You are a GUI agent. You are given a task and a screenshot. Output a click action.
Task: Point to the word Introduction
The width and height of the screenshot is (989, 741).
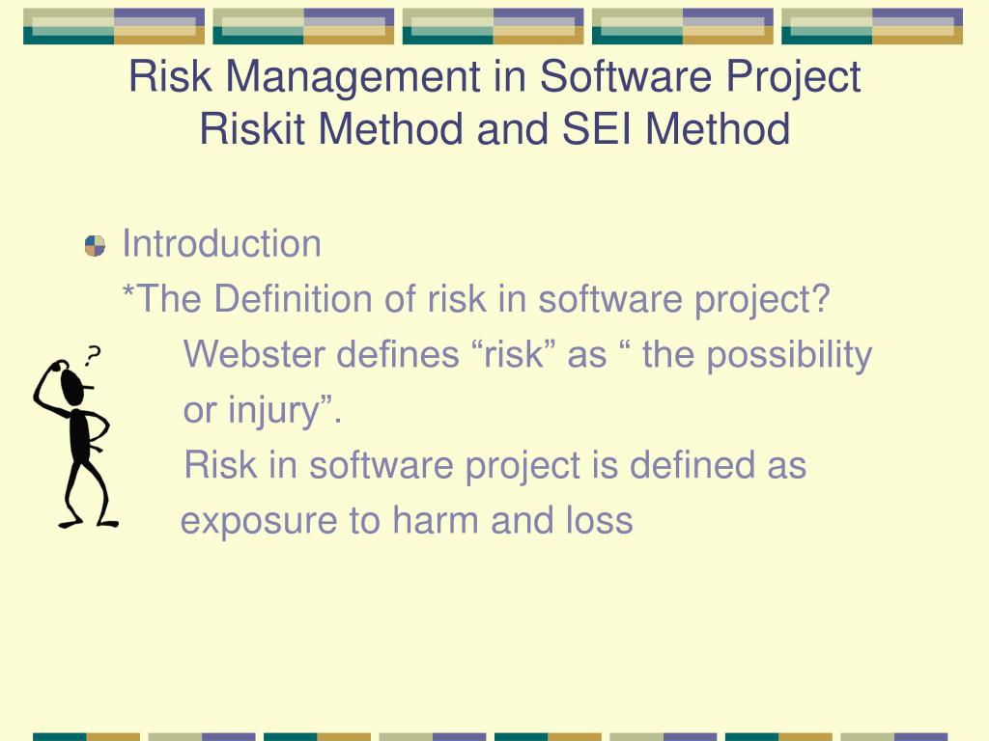221,244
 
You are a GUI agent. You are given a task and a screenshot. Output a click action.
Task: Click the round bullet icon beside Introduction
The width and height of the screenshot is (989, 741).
95,245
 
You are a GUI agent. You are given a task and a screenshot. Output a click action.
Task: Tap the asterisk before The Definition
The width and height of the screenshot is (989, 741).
127,293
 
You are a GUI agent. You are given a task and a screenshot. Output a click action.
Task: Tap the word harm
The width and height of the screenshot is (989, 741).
436,521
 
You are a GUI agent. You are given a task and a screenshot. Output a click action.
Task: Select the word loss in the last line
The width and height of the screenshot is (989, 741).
598,521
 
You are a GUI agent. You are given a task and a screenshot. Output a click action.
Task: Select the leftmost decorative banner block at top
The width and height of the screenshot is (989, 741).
114,26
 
